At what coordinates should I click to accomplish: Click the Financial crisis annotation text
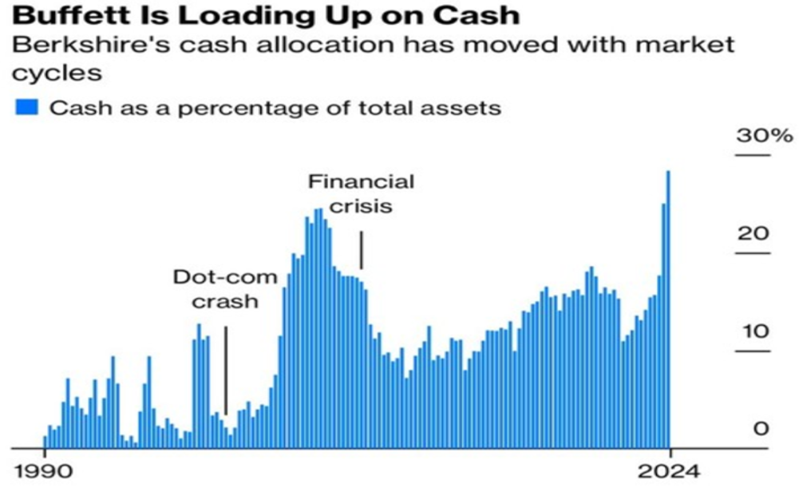coord(362,193)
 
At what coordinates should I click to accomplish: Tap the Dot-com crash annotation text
coord(226,290)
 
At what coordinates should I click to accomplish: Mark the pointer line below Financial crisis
coord(362,250)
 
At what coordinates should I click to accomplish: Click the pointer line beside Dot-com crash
coord(226,369)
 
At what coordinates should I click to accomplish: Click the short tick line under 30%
coord(753,155)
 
